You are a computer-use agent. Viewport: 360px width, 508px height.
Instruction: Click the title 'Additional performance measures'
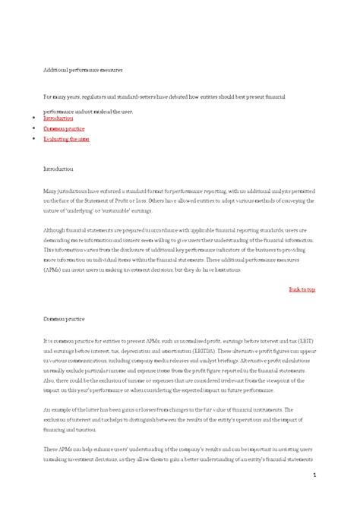click(x=82, y=69)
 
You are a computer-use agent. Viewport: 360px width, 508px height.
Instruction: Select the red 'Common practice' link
click(x=64, y=129)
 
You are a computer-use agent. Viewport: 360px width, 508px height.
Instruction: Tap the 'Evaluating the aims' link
click(x=66, y=140)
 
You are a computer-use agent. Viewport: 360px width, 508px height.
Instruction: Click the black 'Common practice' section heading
click(x=64, y=320)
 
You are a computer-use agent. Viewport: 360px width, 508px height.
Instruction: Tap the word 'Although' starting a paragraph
click(x=55, y=229)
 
